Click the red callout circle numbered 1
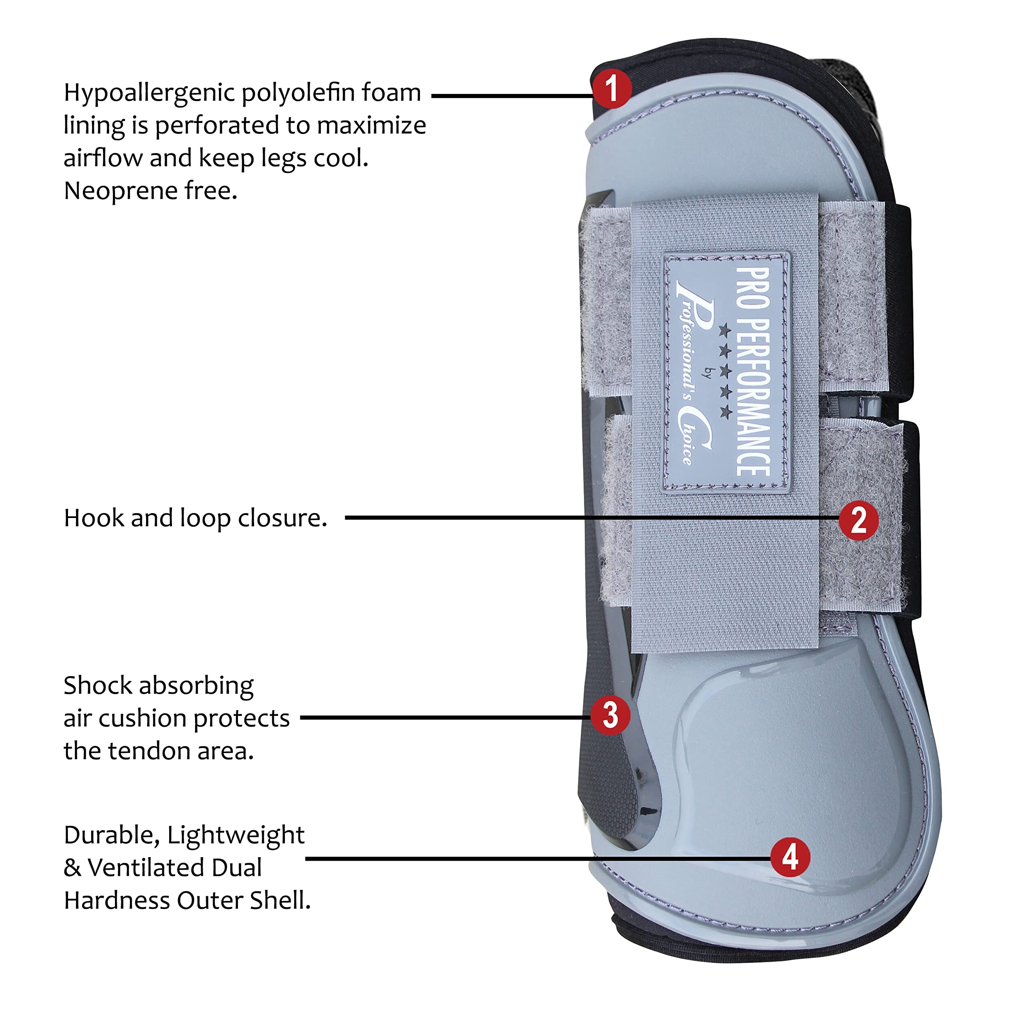click(612, 89)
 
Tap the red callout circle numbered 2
click(858, 520)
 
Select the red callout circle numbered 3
click(610, 715)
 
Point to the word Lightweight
click(236, 835)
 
